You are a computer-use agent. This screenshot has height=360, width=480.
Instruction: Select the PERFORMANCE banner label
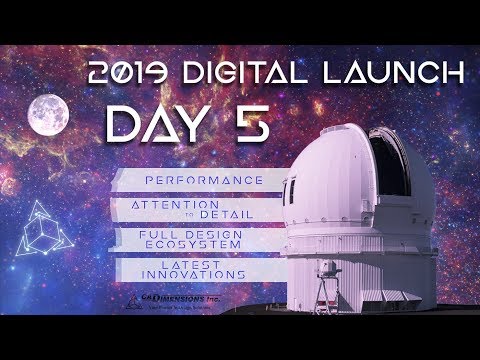click(190, 180)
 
